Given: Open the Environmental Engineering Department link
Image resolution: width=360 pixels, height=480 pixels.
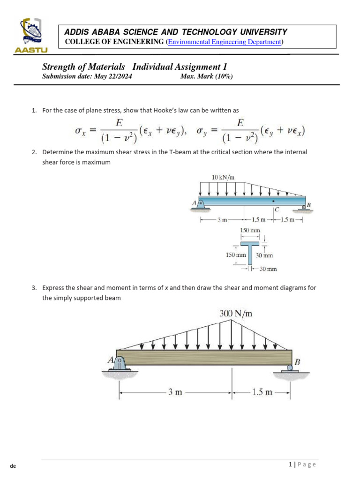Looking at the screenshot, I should (225, 42).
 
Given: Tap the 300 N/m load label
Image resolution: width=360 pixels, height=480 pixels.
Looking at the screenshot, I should (236, 314).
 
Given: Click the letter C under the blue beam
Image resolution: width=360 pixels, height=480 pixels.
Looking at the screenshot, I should (277, 209).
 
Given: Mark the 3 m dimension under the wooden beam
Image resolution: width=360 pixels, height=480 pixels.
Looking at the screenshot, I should (175, 392).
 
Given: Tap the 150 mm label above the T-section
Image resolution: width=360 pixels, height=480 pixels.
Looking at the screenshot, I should (250, 231).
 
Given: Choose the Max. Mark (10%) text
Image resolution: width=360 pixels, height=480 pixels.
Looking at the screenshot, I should (206, 77).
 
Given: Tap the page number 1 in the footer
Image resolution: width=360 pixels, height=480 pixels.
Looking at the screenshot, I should (291, 465).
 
